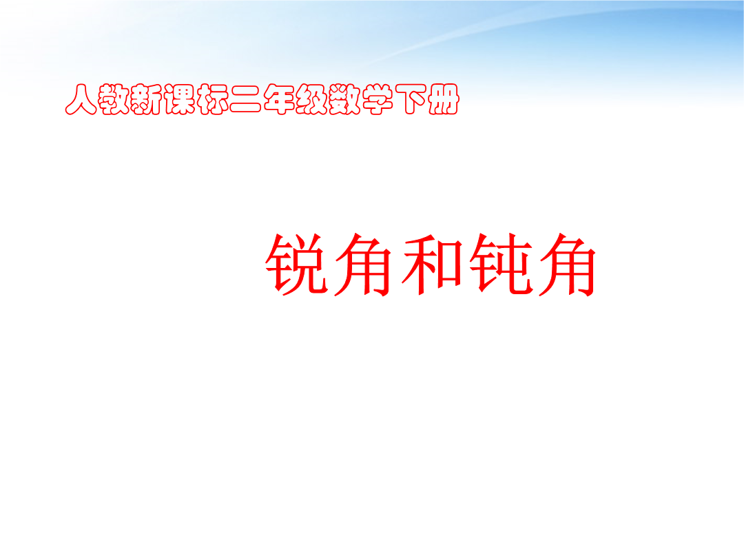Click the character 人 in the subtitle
point(81,99)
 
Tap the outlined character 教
point(114,99)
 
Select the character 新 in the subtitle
point(147,99)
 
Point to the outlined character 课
point(180,99)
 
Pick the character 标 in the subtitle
point(213,99)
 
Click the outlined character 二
point(246,99)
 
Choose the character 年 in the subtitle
point(278,99)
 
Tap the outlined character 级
point(312,99)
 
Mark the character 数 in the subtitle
point(344,99)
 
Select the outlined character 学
point(378,99)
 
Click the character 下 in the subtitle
point(411,99)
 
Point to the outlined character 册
point(443,99)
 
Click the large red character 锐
point(296,264)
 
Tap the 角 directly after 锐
point(363,264)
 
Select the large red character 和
point(432,264)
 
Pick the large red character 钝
point(501,264)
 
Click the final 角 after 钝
point(568,264)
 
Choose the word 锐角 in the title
point(329,264)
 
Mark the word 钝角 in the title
point(533,264)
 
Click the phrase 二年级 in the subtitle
point(279,99)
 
